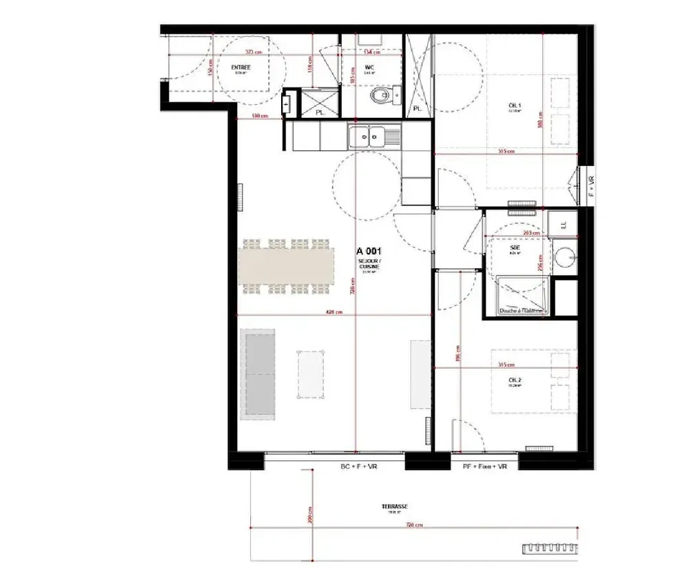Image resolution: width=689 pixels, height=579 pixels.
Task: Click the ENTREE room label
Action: click(x=241, y=67)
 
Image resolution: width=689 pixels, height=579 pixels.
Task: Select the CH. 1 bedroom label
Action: click(x=514, y=105)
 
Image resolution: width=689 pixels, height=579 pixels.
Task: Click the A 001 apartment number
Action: click(x=369, y=252)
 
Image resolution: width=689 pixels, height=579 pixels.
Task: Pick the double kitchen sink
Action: click(x=367, y=137)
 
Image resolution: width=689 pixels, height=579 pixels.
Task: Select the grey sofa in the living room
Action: click(x=258, y=372)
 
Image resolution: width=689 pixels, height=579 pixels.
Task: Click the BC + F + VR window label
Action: click(x=359, y=467)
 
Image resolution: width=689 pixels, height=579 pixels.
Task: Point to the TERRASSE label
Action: click(x=395, y=506)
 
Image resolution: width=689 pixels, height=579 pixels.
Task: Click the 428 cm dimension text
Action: click(x=333, y=312)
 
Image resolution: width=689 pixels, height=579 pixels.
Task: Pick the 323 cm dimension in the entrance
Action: click(x=254, y=52)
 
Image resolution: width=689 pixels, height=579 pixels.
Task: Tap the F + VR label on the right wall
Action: click(x=590, y=186)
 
